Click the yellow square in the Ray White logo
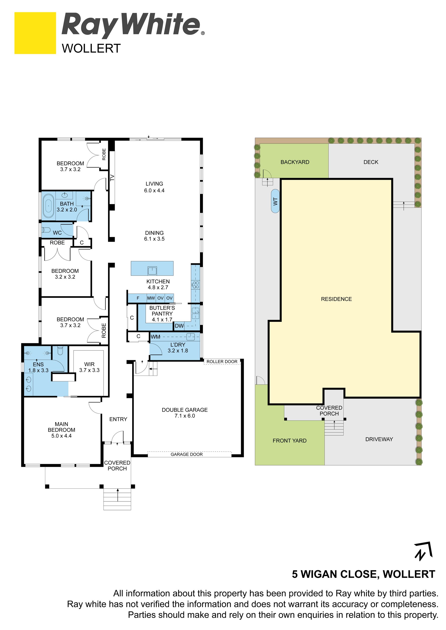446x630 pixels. [x=35, y=33]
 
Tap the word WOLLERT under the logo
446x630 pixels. [x=91, y=48]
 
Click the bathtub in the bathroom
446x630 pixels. [x=49, y=206]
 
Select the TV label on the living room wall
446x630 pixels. [x=112, y=178]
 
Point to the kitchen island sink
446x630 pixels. [x=152, y=271]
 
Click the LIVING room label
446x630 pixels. [x=154, y=184]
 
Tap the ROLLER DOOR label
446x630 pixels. [x=222, y=362]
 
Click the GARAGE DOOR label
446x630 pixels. [x=187, y=454]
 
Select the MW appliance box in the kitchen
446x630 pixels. [x=151, y=298]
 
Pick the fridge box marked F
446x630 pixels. [x=138, y=298]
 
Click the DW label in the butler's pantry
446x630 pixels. [x=179, y=326]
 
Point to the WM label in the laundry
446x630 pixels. [x=155, y=337]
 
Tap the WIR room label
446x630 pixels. [x=89, y=364]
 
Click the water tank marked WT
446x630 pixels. [x=275, y=201]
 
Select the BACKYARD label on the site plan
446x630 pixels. [x=295, y=162]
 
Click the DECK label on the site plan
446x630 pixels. [x=371, y=162]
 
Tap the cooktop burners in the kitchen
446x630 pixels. [x=196, y=285]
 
